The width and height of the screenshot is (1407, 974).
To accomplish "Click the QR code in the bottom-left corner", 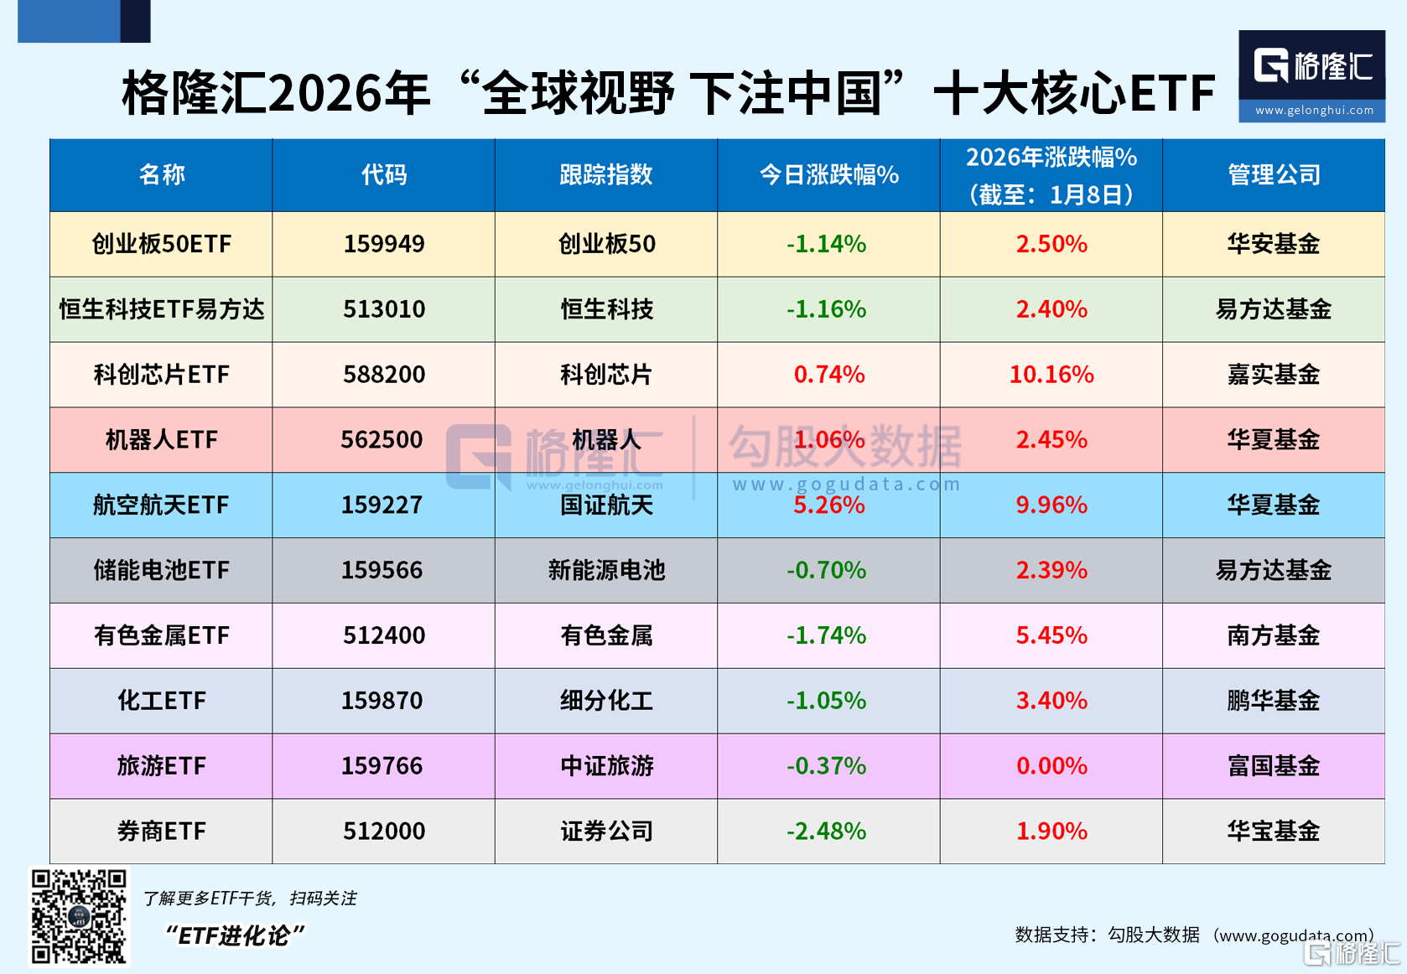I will point(79,916).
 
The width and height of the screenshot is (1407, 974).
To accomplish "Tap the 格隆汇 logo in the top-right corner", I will point(1311,75).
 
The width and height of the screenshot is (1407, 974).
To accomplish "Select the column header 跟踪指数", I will point(605,174).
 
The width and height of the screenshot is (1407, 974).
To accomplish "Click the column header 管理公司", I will point(1274,174).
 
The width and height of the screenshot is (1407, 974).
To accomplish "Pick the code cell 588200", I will point(384,374).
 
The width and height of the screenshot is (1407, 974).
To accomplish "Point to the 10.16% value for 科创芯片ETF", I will point(1051,374).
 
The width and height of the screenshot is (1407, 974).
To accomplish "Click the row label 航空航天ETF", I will point(161,505).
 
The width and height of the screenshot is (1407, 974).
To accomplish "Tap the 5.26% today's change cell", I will point(828,505).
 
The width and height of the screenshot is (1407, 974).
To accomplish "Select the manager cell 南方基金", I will point(1274,635).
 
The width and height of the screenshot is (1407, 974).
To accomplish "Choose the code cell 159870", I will point(382,701).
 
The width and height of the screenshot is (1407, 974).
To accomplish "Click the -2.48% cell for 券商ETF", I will point(827,831).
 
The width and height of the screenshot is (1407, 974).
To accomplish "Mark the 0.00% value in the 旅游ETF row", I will point(1051,766).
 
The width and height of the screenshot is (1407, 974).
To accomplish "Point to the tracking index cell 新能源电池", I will point(605,570).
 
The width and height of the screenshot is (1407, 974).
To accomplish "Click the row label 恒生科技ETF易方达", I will point(161,309).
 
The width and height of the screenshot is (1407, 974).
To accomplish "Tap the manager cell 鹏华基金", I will point(1274,701).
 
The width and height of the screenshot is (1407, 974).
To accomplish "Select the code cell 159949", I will point(384,244).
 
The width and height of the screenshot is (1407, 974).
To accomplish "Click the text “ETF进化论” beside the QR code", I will point(235,935).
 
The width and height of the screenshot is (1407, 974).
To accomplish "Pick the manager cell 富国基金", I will point(1274,766).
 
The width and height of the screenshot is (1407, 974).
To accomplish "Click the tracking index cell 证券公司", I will point(605,831).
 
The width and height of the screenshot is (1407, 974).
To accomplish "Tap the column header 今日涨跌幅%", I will point(828,174).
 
